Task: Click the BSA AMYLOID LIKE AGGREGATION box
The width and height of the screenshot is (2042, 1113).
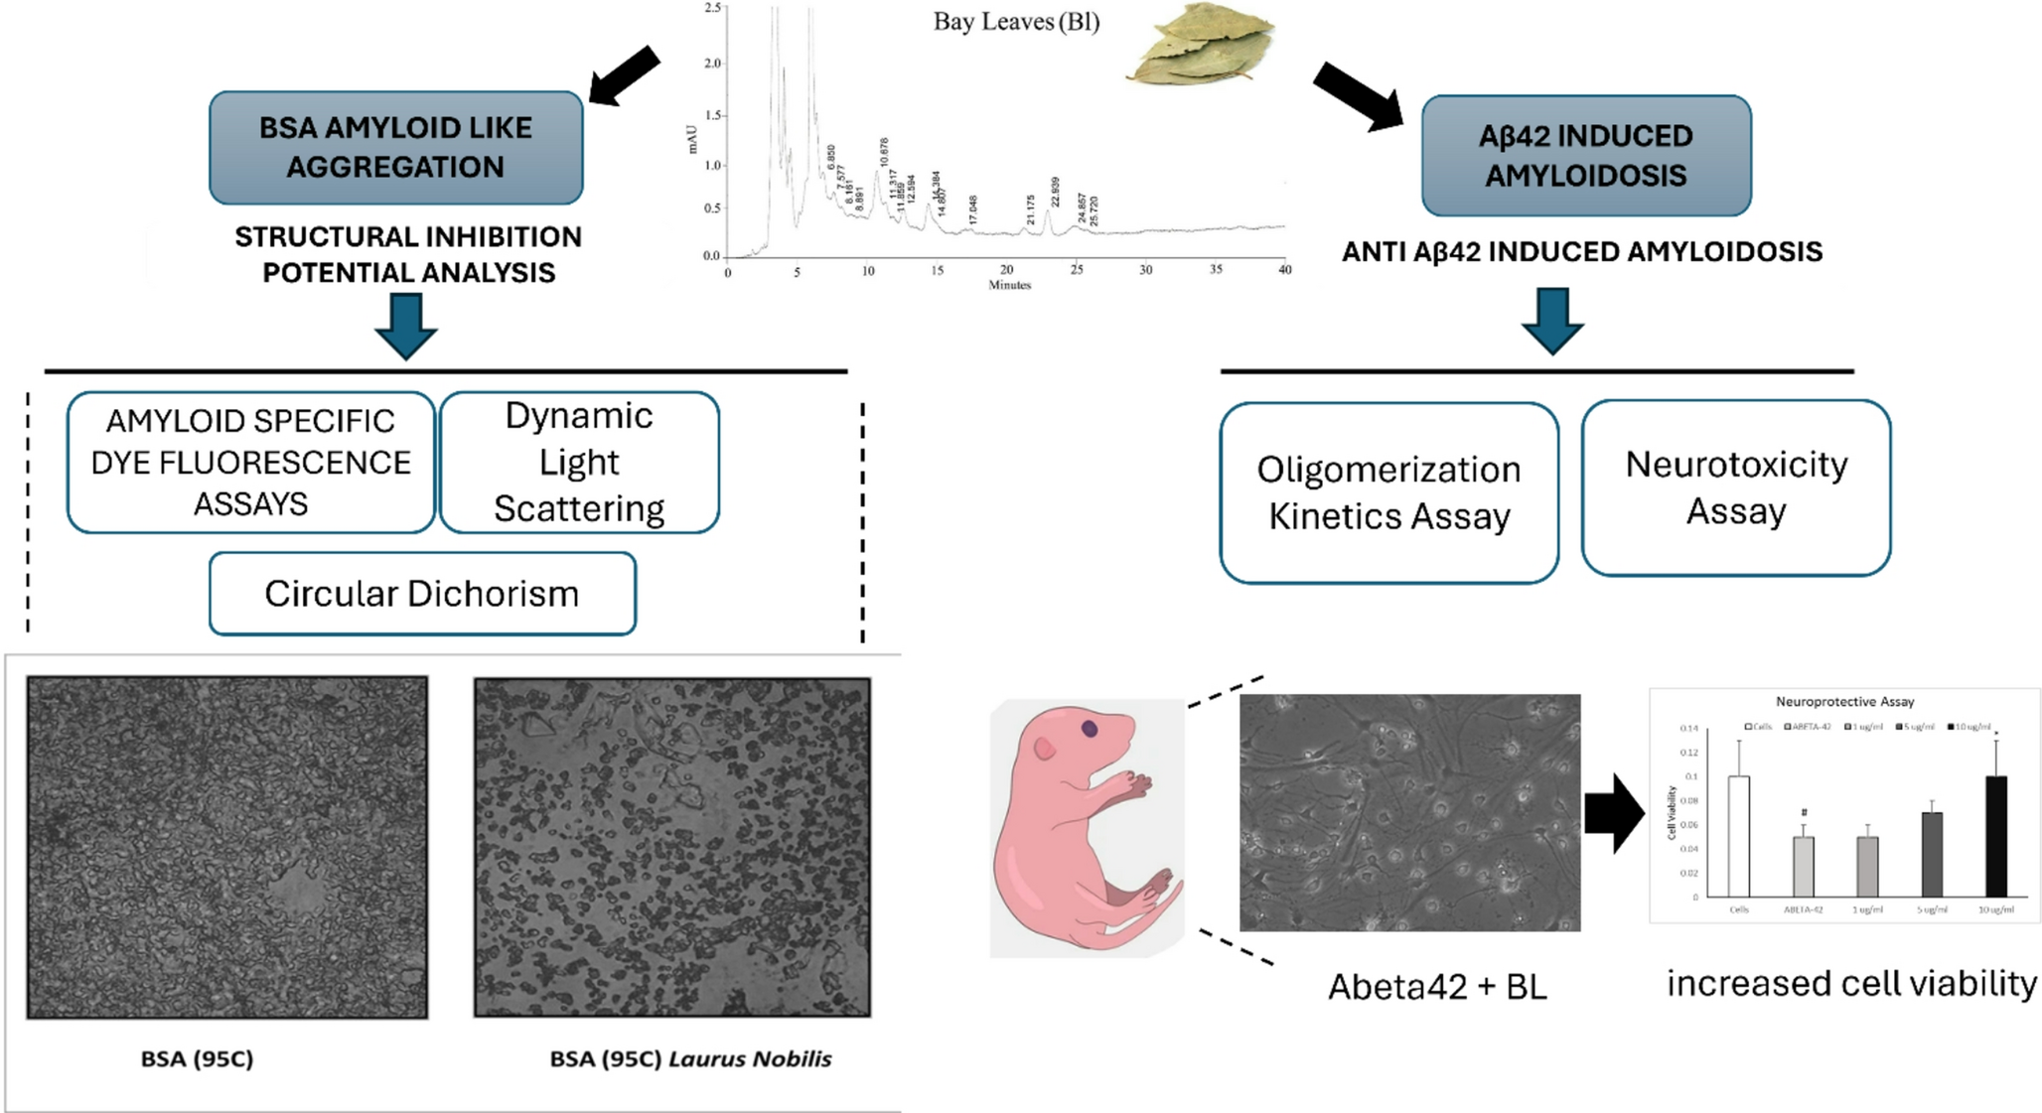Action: (395, 147)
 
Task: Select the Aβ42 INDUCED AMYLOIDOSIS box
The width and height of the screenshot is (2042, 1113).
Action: (1585, 155)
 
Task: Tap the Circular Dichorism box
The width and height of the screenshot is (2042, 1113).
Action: (422, 594)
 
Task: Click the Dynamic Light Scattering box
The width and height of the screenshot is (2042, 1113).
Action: (579, 462)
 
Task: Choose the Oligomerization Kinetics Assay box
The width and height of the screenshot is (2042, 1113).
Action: (1388, 492)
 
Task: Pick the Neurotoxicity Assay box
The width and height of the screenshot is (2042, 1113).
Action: (1735, 487)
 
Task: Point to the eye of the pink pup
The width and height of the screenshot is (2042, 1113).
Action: (1090, 729)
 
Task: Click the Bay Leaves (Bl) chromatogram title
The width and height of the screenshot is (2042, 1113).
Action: (1015, 22)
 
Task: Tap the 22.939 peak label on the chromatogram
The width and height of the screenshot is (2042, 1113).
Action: (1055, 193)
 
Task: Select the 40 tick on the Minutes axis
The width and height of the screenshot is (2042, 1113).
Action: (1284, 270)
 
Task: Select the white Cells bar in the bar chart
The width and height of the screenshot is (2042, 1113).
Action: (1739, 836)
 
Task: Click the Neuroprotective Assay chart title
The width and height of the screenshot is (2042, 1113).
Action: (1844, 701)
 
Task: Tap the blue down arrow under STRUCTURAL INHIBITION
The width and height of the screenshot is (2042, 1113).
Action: (406, 326)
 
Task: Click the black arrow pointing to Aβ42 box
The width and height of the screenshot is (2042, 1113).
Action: (1357, 96)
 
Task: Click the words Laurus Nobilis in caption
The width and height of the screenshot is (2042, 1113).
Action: (750, 1058)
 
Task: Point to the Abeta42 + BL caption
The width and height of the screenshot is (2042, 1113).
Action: (1436, 986)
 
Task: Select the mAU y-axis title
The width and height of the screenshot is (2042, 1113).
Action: (693, 139)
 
